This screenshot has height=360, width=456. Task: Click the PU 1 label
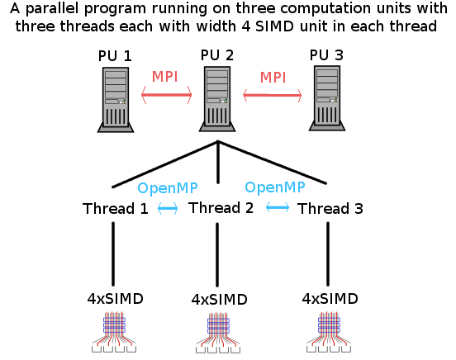pyautogui.click(x=115, y=55)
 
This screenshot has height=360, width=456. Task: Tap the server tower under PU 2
pyautogui.click(x=217, y=99)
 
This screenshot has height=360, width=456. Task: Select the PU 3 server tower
pyautogui.click(x=327, y=98)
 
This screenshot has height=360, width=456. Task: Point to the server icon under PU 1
pyautogui.click(x=116, y=100)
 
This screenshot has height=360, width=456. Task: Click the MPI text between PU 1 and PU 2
pyautogui.click(x=164, y=77)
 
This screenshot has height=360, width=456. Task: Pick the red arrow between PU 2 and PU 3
pyautogui.click(x=273, y=95)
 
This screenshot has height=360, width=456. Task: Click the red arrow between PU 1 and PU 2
pyautogui.click(x=167, y=95)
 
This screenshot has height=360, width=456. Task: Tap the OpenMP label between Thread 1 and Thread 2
pyautogui.click(x=168, y=188)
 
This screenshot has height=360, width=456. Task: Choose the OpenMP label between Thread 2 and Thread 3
pyautogui.click(x=275, y=187)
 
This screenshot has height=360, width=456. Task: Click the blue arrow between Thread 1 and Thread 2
pyautogui.click(x=168, y=208)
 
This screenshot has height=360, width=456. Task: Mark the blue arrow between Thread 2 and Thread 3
pyautogui.click(x=278, y=207)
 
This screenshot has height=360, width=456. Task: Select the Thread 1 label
pyautogui.click(x=116, y=209)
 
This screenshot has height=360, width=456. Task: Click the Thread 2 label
pyautogui.click(x=221, y=207)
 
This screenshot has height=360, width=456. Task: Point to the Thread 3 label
pyautogui.click(x=330, y=209)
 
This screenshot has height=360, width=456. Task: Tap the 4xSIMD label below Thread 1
pyautogui.click(x=115, y=299)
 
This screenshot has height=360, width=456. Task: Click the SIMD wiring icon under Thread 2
pyautogui.click(x=218, y=333)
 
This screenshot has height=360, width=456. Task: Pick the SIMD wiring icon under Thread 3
pyautogui.click(x=329, y=333)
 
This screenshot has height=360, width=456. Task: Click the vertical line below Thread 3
pyautogui.click(x=328, y=253)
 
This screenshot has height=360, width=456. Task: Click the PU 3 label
pyautogui.click(x=326, y=55)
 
